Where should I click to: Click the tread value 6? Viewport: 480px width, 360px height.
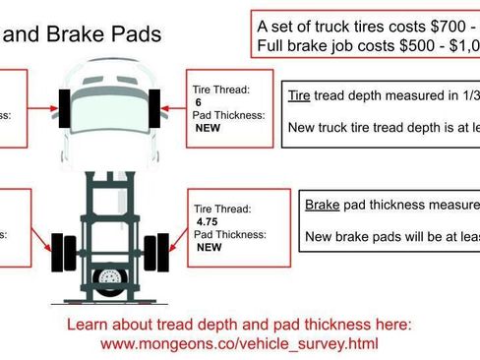click(x=199, y=102)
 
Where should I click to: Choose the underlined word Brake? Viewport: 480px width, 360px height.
click(x=322, y=206)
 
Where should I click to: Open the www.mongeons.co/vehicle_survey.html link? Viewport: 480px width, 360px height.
click(x=239, y=344)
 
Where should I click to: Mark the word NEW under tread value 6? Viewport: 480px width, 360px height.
click(x=208, y=128)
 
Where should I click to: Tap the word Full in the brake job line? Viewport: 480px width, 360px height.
click(x=271, y=45)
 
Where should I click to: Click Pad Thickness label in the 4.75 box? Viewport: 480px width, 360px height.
click(x=229, y=235)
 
